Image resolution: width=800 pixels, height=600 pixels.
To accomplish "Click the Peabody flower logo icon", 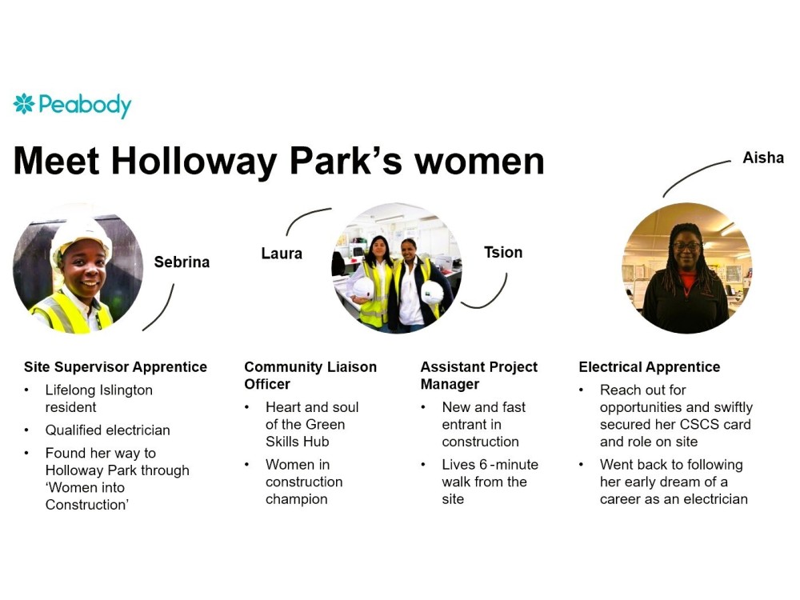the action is (x=24, y=103).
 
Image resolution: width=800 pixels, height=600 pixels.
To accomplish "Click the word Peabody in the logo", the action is (x=86, y=106).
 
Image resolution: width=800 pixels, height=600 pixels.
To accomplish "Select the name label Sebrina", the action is (x=182, y=262).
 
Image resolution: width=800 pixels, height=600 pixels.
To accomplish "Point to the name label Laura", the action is (x=282, y=254).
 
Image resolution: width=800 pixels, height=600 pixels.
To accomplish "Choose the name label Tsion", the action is (x=503, y=252).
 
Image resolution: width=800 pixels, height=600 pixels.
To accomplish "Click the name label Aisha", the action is (x=763, y=158).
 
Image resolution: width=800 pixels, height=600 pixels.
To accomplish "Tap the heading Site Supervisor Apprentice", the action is (x=115, y=367).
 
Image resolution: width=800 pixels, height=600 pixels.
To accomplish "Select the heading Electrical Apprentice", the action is (x=650, y=367).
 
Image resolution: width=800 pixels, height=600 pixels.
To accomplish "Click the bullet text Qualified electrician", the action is (x=108, y=430).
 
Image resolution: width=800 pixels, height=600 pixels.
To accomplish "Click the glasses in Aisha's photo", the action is (x=686, y=246).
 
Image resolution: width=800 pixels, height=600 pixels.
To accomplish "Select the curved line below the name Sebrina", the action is (x=162, y=311).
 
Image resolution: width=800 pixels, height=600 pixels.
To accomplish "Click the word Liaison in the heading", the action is (x=351, y=367).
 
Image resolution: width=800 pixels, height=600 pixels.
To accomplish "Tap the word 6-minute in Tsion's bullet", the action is (x=509, y=465).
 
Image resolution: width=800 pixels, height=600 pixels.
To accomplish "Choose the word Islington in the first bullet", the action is (x=126, y=390).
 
